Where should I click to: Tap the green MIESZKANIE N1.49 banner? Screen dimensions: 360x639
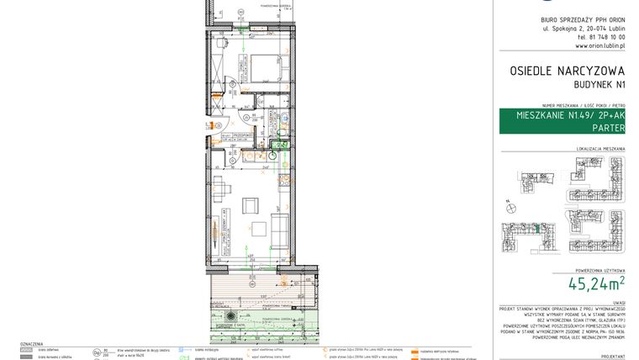click(562, 121)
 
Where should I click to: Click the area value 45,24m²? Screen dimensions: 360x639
click(596, 283)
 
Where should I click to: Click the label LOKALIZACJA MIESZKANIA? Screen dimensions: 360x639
click(600, 149)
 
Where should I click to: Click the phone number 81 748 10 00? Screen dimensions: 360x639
click(601, 37)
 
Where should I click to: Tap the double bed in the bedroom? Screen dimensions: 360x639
click(265, 66)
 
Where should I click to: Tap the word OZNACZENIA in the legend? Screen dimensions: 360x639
click(31, 344)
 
